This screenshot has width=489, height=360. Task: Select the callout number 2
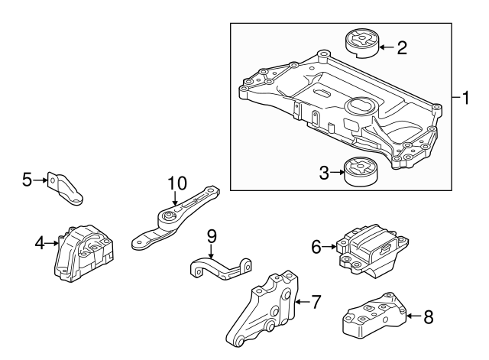[401, 47]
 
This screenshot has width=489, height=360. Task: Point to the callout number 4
[38, 244]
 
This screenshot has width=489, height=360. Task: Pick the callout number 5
[27, 180]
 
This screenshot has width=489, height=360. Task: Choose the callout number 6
[316, 246]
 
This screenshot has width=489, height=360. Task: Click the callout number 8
[429, 314]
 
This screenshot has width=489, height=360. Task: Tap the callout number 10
[176, 183]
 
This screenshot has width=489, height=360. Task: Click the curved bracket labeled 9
[221, 268]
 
